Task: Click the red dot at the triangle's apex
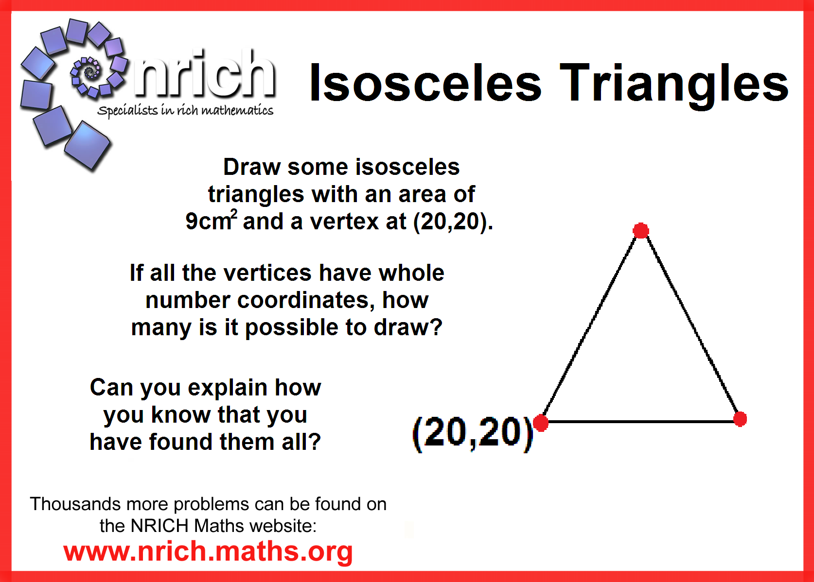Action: (641, 231)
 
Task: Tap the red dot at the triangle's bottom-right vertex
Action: (740, 419)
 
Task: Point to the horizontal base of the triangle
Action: (640, 422)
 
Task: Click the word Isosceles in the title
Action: (425, 83)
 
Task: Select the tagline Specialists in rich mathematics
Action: (185, 110)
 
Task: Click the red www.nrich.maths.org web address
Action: (208, 551)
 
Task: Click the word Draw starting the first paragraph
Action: (251, 167)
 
